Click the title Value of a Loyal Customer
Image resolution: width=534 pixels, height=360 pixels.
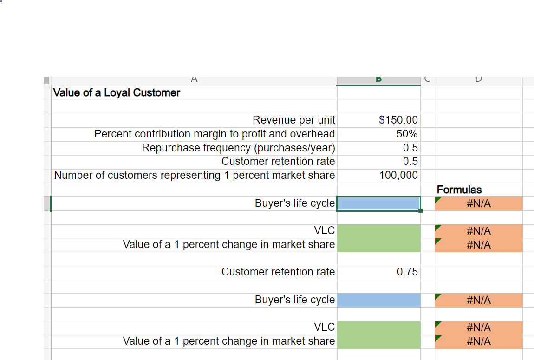click(117, 93)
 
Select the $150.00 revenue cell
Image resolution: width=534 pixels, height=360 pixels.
click(398, 120)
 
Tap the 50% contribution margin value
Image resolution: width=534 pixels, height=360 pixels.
click(406, 134)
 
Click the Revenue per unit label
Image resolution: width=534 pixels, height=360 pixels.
click(293, 120)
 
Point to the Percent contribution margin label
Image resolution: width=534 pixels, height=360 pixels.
click(215, 134)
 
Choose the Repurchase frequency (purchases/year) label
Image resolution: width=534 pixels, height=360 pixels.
click(238, 148)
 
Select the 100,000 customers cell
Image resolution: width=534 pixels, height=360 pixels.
click(397, 175)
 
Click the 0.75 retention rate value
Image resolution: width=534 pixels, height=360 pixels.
click(407, 272)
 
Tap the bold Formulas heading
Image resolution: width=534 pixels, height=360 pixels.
click(459, 190)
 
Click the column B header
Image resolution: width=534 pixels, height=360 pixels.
click(378, 80)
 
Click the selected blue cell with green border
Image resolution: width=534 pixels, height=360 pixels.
click(378, 203)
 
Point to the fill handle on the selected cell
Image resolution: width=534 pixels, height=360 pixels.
click(420, 211)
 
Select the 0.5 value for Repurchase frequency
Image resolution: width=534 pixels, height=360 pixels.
click(410, 148)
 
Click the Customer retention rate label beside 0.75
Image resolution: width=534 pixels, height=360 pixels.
click(278, 272)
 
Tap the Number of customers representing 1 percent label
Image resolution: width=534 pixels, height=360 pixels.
click(194, 175)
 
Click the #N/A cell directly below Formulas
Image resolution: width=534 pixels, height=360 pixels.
click(478, 203)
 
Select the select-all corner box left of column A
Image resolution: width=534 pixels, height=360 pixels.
click(46, 80)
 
